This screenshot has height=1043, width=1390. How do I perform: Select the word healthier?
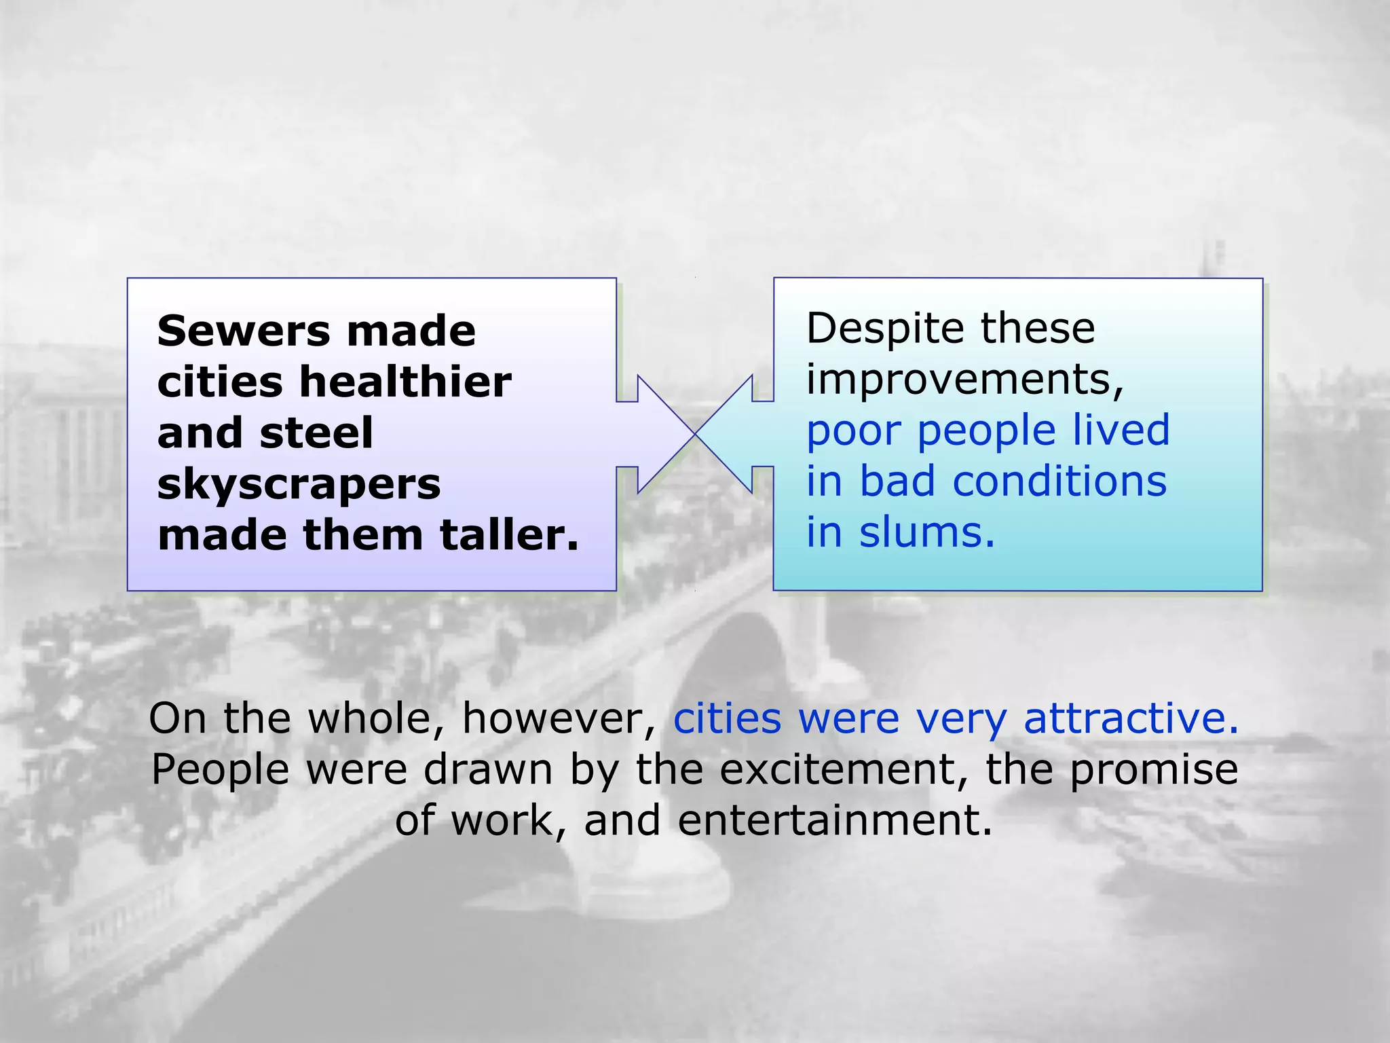(x=405, y=382)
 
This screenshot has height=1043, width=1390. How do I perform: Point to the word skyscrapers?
(x=299, y=485)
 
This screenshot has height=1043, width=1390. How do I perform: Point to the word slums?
(x=926, y=532)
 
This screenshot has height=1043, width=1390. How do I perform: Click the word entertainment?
(x=835, y=820)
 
